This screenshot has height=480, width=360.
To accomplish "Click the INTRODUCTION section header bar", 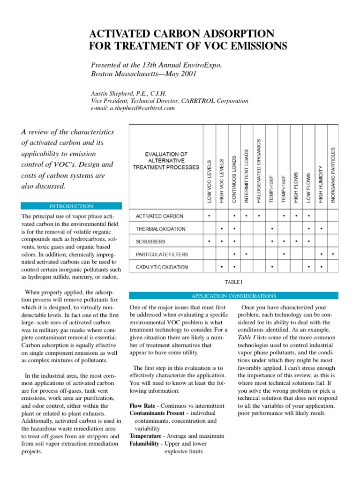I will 72,206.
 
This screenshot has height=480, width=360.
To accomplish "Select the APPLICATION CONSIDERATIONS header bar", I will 233,296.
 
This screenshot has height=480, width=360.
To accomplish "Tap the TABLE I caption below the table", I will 233,281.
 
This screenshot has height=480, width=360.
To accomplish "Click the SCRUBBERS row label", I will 150,242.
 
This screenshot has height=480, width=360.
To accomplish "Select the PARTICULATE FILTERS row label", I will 162,255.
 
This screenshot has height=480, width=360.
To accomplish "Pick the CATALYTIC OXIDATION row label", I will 162,267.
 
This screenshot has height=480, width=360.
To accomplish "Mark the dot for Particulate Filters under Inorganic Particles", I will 333,255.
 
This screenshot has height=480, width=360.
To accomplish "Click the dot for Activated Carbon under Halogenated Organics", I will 259,217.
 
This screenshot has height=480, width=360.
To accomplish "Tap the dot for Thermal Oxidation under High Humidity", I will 321,229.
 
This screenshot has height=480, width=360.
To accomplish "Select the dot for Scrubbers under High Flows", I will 296,242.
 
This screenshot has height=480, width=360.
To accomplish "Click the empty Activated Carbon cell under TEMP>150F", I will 272,217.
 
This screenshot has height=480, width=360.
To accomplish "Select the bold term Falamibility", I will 144,443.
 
